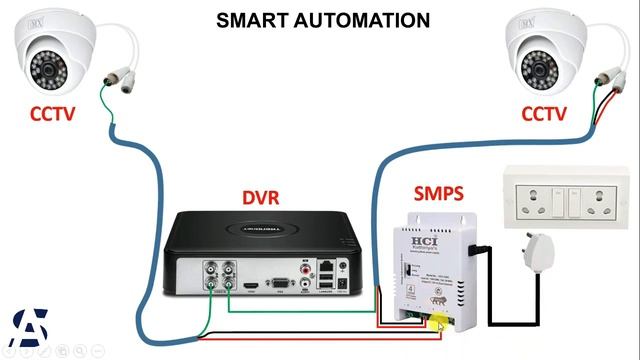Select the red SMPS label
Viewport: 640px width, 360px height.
click(438, 192)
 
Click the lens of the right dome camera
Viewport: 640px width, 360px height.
click(536, 68)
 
